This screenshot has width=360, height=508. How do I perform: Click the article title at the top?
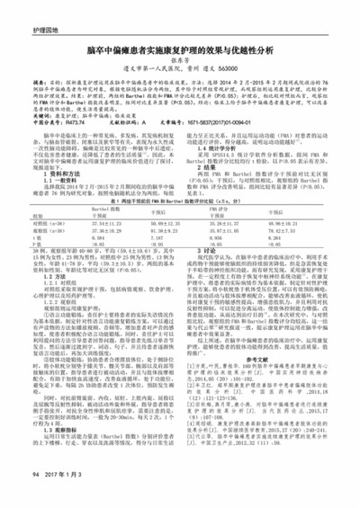coord(180,52)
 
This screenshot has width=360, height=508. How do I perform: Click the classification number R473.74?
coord(78,133)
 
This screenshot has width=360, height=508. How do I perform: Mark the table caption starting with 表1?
coord(180,204)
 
